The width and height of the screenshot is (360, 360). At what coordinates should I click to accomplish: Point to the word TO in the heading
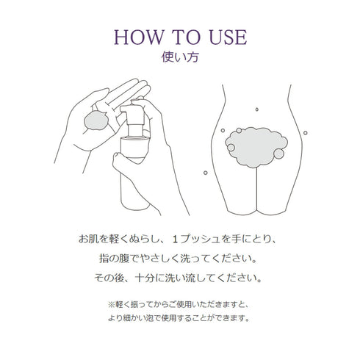click(x=179, y=36)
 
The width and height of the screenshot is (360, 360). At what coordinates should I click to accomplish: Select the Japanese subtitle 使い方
click(x=180, y=56)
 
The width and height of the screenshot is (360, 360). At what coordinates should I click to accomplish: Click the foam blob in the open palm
click(x=96, y=120)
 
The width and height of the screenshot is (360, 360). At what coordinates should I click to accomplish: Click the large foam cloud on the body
click(x=253, y=143)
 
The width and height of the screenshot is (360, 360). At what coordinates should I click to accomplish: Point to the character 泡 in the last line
click(x=170, y=318)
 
